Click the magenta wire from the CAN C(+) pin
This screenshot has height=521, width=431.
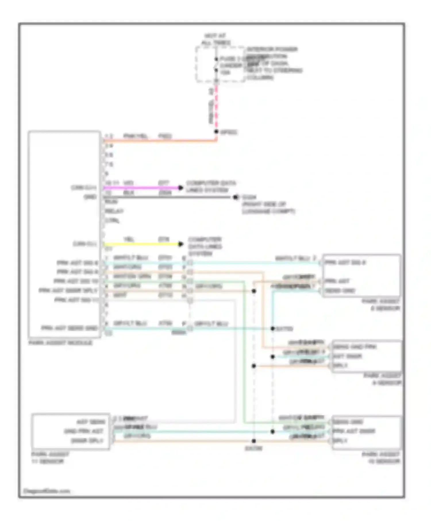click(x=141, y=188)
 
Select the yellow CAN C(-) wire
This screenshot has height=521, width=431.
click(x=141, y=244)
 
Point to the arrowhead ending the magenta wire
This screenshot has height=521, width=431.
click(x=180, y=188)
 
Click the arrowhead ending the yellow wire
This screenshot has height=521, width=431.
click(x=180, y=244)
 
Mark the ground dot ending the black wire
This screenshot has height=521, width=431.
click(x=236, y=197)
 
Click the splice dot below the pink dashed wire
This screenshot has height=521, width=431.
click(x=216, y=132)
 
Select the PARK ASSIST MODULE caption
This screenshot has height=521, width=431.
click(x=60, y=343)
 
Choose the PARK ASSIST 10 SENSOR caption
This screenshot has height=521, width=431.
click(x=381, y=458)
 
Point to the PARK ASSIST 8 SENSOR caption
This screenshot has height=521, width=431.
click(x=381, y=305)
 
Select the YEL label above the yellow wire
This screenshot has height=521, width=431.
click(x=128, y=239)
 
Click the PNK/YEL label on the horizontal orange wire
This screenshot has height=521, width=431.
click(x=135, y=136)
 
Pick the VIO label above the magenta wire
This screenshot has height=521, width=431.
click(x=128, y=183)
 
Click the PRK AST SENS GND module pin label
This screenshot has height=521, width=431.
click(x=70, y=328)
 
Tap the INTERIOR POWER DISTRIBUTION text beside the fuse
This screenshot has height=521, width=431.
click(x=272, y=53)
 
